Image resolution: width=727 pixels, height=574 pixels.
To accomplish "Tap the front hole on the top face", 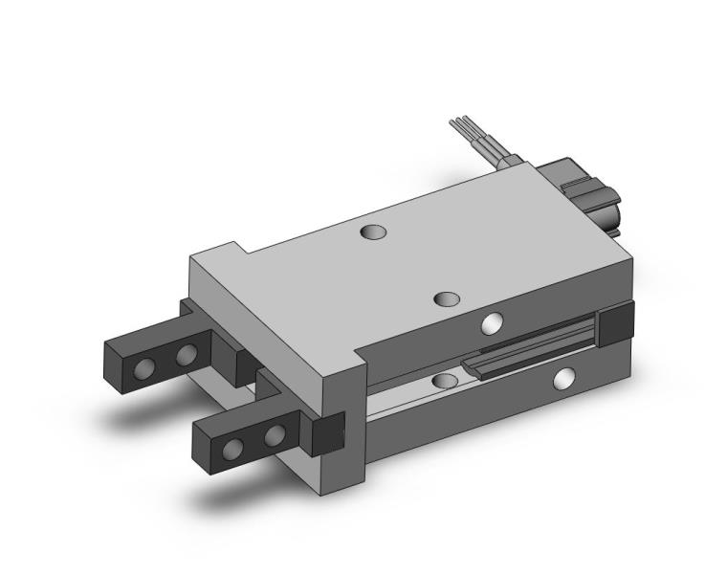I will pyautogui.click(x=446, y=299).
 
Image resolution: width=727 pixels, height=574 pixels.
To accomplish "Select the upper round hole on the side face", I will pyautogui.click(x=493, y=324).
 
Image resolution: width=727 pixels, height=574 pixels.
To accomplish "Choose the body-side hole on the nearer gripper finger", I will pyautogui.click(x=274, y=435).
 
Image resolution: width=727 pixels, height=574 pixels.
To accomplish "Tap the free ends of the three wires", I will pyautogui.click(x=458, y=124).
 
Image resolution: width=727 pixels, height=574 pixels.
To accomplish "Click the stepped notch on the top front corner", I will pyautogui.click(x=240, y=249).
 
